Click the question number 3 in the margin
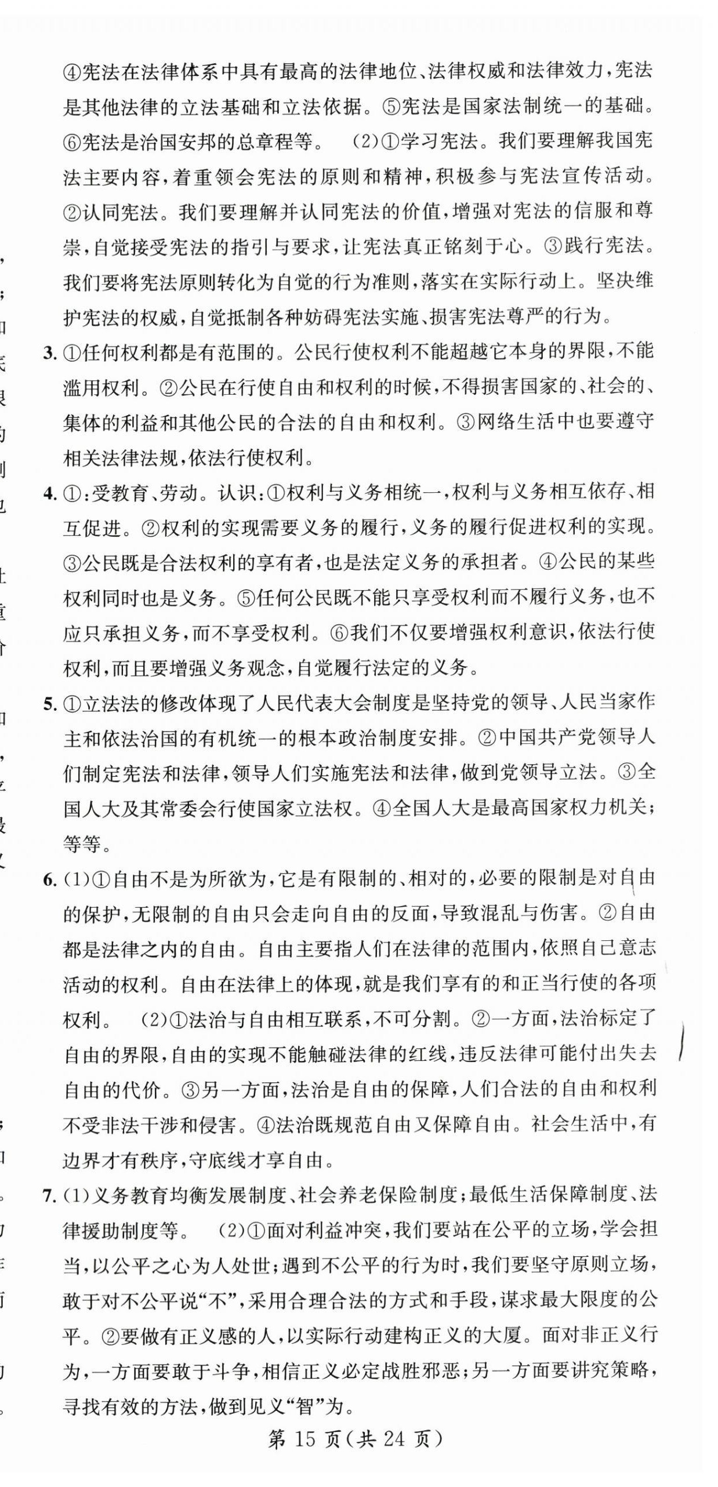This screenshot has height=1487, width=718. pyautogui.click(x=50, y=352)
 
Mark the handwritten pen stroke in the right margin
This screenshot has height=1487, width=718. pyautogui.click(x=683, y=1042)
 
